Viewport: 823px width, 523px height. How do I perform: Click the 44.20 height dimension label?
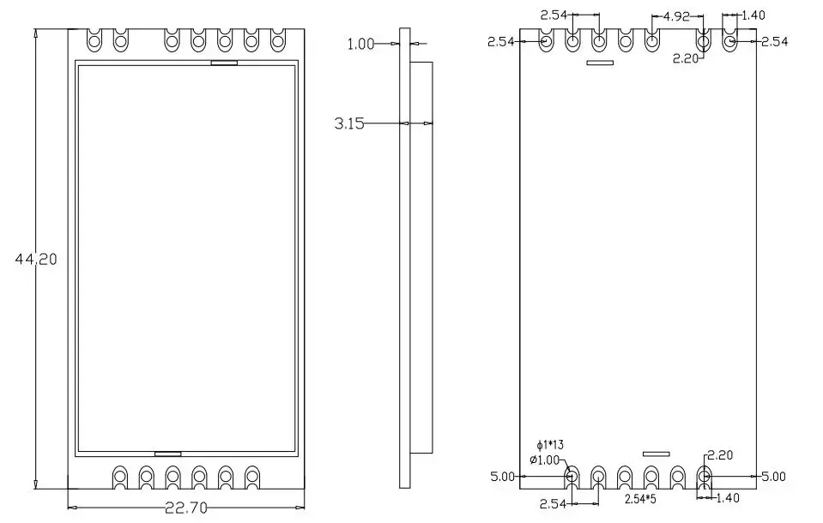tap(36, 259)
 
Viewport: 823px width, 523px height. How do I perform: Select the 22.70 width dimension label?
tap(186, 508)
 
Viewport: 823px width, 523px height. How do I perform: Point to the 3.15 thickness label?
tap(349, 123)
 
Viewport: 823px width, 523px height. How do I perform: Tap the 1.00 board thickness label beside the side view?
tap(360, 44)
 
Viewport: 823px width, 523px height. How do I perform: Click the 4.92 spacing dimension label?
tap(676, 16)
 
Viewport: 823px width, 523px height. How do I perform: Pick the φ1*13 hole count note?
tap(550, 445)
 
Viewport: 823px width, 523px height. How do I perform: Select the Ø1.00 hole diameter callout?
tap(545, 460)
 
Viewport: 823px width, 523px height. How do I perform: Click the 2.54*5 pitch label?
tap(640, 499)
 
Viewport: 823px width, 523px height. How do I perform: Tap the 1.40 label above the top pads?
tap(753, 15)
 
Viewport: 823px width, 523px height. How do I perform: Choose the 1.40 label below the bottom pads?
tap(727, 498)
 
